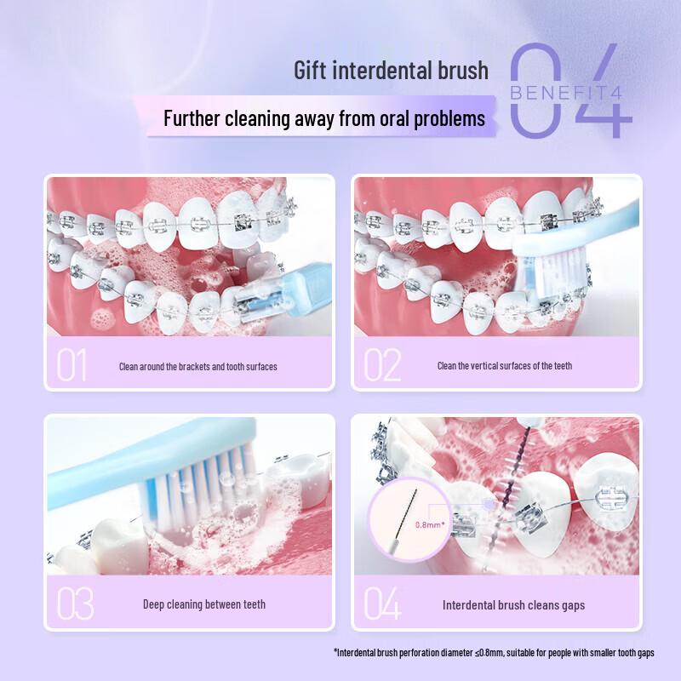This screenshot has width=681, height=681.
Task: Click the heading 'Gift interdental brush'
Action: [x=392, y=70]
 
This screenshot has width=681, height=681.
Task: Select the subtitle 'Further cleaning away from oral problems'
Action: [x=323, y=117]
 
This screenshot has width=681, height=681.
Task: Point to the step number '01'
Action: [x=72, y=366]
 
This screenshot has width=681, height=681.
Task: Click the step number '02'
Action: [x=382, y=366]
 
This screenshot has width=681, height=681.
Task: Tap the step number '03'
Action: [x=75, y=604]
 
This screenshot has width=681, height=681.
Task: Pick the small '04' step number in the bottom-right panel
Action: [x=382, y=604]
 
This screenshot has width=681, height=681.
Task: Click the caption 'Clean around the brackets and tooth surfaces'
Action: [x=197, y=367]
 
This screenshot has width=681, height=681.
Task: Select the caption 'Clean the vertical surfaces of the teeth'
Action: [x=505, y=366]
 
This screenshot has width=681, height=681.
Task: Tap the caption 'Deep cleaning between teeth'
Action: [x=204, y=604]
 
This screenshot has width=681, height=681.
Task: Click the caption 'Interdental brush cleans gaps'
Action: [x=513, y=605]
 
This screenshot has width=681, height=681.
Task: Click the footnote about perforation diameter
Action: [x=494, y=653]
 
